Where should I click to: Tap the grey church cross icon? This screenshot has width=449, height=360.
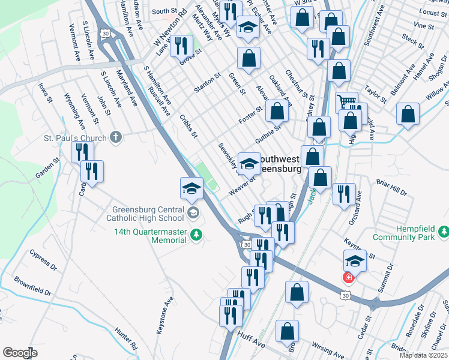(116, 138)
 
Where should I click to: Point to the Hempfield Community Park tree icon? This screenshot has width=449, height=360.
(443, 231)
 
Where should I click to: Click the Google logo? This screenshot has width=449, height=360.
(20, 353)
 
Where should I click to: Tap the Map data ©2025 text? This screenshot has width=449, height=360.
(423, 355)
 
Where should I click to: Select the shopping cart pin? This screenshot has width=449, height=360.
(346, 103)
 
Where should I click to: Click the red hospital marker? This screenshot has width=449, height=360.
(348, 277)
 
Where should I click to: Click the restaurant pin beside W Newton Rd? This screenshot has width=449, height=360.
(181, 45)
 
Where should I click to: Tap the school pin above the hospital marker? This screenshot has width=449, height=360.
(355, 260)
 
